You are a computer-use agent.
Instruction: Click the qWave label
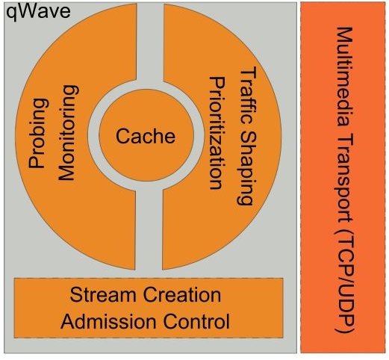[38, 12]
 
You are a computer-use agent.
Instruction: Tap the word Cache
[146, 136]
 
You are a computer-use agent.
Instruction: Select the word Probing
[39, 134]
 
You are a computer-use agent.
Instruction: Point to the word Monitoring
[69, 133]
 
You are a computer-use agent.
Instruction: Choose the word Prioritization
[217, 133]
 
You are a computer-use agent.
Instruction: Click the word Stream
[103, 294]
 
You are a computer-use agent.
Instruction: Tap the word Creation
[182, 294]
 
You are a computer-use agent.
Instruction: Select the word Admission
[108, 321]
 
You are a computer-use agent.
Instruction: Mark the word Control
[196, 321]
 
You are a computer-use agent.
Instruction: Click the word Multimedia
[345, 76]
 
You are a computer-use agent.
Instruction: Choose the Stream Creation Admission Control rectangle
[149, 308]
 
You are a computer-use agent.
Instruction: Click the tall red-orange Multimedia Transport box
[343, 177]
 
